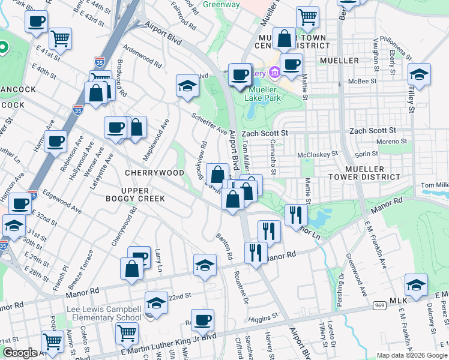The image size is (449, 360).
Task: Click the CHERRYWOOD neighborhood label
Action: coord(154,173)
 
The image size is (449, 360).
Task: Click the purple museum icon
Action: coord(276,73)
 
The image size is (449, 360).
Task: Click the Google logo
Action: coord(19,353)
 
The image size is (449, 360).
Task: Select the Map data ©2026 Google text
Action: coord(411,355)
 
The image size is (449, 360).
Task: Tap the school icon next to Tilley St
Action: coord(419,74)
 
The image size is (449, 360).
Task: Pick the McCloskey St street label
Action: coord(318,155)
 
